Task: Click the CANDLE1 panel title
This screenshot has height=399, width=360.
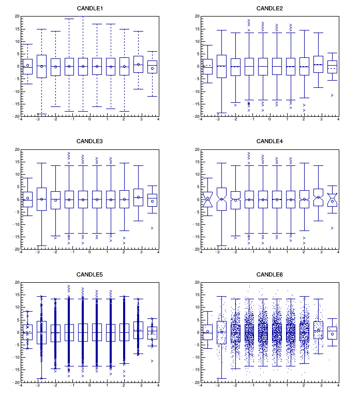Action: tap(89, 8)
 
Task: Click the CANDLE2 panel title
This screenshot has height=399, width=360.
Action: tap(269, 8)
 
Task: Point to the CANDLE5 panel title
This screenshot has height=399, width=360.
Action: tap(89, 274)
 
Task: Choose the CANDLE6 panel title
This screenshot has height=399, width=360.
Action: tap(269, 274)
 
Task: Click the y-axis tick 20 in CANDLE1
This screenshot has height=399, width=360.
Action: tap(17, 16)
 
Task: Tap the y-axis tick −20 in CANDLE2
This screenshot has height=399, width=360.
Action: tap(196, 116)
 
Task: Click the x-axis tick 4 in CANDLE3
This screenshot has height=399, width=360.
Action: tap(158, 253)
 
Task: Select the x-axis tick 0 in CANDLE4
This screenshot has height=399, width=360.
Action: tap(269, 253)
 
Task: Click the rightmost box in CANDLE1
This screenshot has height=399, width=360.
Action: tap(152, 66)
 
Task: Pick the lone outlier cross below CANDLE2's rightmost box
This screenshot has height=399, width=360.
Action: tap(332, 95)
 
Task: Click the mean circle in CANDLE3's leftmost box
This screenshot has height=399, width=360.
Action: tap(27, 198)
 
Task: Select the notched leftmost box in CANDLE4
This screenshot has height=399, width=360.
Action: tap(207, 199)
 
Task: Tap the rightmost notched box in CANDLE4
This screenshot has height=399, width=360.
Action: tap(332, 199)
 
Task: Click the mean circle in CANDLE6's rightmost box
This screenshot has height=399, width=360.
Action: tap(332, 334)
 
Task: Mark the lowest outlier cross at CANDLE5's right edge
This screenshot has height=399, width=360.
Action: tap(152, 361)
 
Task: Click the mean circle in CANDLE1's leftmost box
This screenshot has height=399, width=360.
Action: tap(27, 65)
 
